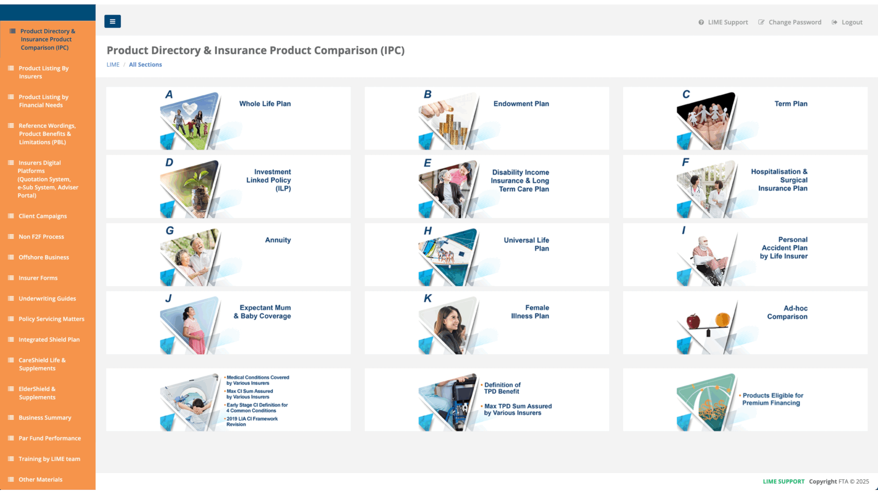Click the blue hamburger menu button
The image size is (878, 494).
click(112, 21)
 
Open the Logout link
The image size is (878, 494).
click(847, 22)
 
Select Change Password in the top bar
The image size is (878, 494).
click(790, 22)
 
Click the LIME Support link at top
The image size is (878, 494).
click(723, 22)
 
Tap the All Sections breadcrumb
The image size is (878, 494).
click(145, 64)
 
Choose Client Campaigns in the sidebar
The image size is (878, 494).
click(43, 216)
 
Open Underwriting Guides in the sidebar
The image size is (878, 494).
click(47, 298)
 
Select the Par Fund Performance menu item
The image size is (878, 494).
click(50, 438)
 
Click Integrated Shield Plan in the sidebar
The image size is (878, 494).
click(49, 340)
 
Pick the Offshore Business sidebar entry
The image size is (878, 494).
click(44, 257)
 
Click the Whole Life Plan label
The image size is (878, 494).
click(265, 104)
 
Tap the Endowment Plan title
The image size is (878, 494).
click(521, 104)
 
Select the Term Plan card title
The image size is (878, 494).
click(791, 104)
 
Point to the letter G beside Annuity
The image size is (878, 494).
click(170, 231)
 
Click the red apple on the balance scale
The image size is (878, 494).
click(693, 321)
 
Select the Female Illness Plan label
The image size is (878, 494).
click(530, 312)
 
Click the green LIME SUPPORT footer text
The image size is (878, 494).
click(784, 481)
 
